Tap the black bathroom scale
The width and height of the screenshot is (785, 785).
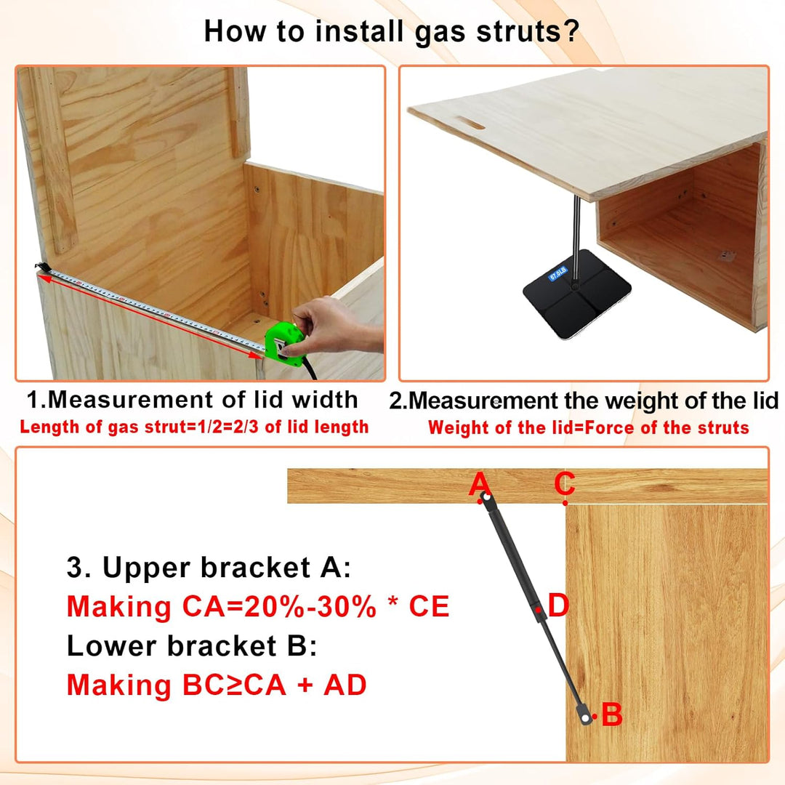pos(576,294)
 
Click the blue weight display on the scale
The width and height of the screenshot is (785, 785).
pos(557,273)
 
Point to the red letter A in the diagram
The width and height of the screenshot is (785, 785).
pos(479,484)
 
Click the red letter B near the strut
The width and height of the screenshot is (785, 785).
pos(612,714)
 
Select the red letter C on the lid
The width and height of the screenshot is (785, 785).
pos(565,483)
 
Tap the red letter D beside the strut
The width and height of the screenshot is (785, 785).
pos(558,605)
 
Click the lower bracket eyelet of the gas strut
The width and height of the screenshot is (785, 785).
pos(585,718)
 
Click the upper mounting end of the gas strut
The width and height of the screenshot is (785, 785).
pos(486,498)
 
